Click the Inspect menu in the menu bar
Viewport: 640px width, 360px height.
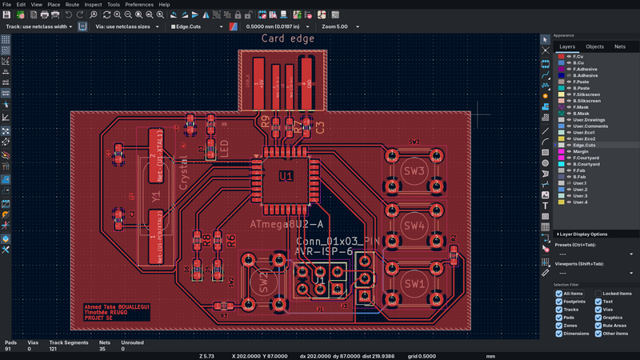[93, 5]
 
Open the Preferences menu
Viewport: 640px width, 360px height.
[138, 5]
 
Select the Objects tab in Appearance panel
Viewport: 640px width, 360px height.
[594, 47]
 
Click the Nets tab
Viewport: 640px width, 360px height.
[620, 47]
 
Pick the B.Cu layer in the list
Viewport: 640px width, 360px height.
[579, 62]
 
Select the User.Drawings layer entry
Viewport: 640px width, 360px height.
[590, 120]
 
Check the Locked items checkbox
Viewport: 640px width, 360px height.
[597, 294]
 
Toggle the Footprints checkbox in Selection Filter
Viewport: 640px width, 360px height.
[559, 302]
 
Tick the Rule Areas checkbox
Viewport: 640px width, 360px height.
[597, 326]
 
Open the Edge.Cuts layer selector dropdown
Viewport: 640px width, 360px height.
[196, 26]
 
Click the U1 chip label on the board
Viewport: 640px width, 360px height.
[286, 175]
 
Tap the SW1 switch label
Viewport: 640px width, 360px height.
[414, 283]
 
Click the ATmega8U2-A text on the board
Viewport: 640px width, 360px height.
[286, 224]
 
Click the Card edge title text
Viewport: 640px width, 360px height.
[288, 38]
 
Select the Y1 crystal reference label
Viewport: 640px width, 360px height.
[156, 194]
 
